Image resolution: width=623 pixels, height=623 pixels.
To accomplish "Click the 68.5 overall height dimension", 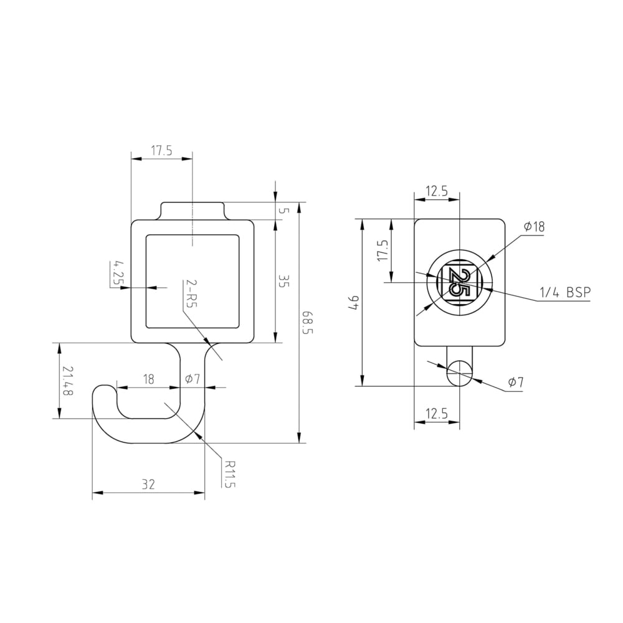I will pyautogui.click(x=307, y=322).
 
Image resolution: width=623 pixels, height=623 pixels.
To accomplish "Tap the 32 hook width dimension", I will pyautogui.click(x=148, y=483).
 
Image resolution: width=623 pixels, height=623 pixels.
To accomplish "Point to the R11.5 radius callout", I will pyautogui.click(x=230, y=475).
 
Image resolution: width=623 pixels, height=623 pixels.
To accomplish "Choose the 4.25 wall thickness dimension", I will pyautogui.click(x=117, y=273).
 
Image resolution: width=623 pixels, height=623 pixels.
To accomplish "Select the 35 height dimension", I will pyautogui.click(x=283, y=282).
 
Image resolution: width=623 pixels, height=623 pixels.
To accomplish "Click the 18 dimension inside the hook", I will pyautogui.click(x=149, y=379).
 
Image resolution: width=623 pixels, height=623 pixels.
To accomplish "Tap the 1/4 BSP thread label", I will pyautogui.click(x=565, y=292).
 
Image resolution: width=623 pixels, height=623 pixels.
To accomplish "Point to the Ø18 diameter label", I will pyautogui.click(x=534, y=227).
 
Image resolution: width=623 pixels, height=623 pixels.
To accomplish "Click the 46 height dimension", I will pyautogui.click(x=354, y=303).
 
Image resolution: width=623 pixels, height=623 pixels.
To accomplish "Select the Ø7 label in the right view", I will pyautogui.click(x=515, y=383).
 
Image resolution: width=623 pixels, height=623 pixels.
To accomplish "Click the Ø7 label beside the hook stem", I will pyautogui.click(x=193, y=379).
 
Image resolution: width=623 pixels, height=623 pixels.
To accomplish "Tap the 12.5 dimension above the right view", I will pyautogui.click(x=437, y=191).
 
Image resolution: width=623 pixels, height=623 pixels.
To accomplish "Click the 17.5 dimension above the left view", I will pyautogui.click(x=161, y=150).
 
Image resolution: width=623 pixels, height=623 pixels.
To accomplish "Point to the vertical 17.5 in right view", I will pyautogui.click(x=383, y=251).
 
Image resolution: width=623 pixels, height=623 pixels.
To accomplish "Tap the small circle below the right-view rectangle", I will pyautogui.click(x=459, y=373).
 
